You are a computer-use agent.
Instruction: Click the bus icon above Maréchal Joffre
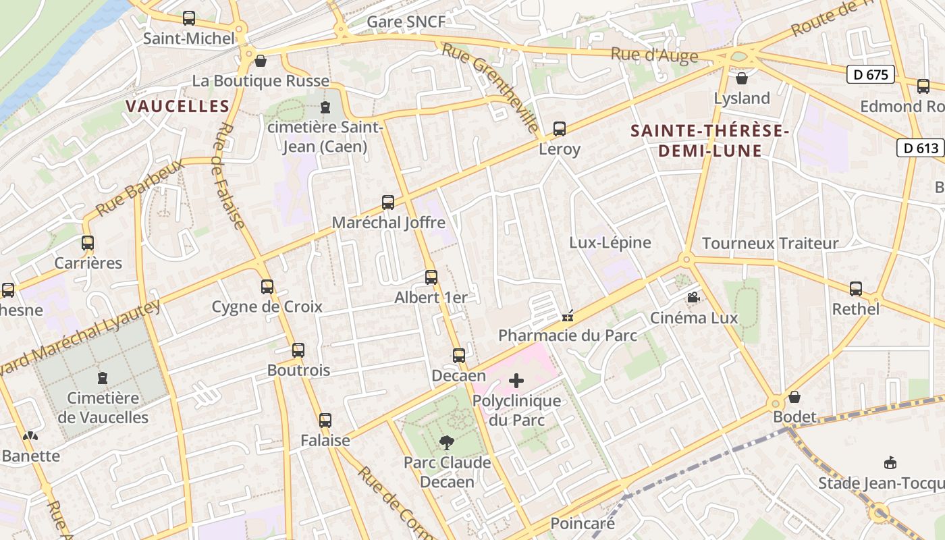click(x=388, y=202)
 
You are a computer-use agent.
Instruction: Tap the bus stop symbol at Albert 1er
click(x=431, y=277)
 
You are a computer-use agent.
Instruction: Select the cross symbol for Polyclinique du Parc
click(x=516, y=381)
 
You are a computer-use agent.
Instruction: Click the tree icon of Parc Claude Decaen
click(x=446, y=443)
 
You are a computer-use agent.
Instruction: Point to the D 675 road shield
click(x=871, y=74)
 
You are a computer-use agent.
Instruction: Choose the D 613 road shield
click(x=919, y=148)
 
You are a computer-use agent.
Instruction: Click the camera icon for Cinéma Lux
click(x=693, y=297)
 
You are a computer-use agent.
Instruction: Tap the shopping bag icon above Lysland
click(x=742, y=78)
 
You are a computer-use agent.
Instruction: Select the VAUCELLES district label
click(x=178, y=106)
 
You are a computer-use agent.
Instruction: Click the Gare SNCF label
click(x=406, y=22)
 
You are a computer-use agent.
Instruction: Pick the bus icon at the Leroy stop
click(x=560, y=128)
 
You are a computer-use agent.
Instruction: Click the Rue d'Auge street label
click(x=654, y=55)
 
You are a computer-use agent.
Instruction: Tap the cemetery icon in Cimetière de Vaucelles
click(x=103, y=377)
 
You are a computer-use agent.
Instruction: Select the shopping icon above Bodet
click(x=794, y=397)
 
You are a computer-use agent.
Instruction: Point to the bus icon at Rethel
click(x=856, y=288)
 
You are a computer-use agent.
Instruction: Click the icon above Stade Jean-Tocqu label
click(x=890, y=463)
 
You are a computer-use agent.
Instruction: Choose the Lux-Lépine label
click(x=610, y=242)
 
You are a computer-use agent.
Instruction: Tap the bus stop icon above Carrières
click(x=88, y=243)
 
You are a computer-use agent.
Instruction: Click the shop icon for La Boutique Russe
click(x=261, y=61)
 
